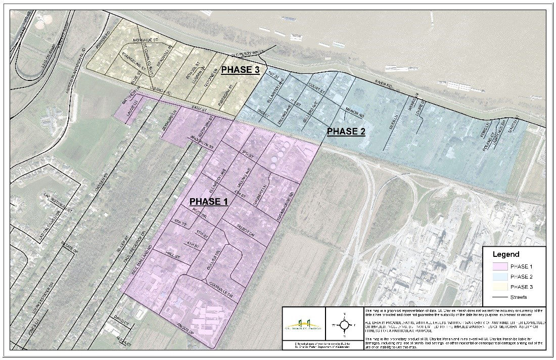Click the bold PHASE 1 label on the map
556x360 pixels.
(209, 201)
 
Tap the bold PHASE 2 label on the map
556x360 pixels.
(346, 131)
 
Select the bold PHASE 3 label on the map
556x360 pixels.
(241, 70)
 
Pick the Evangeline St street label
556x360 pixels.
(132, 60)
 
